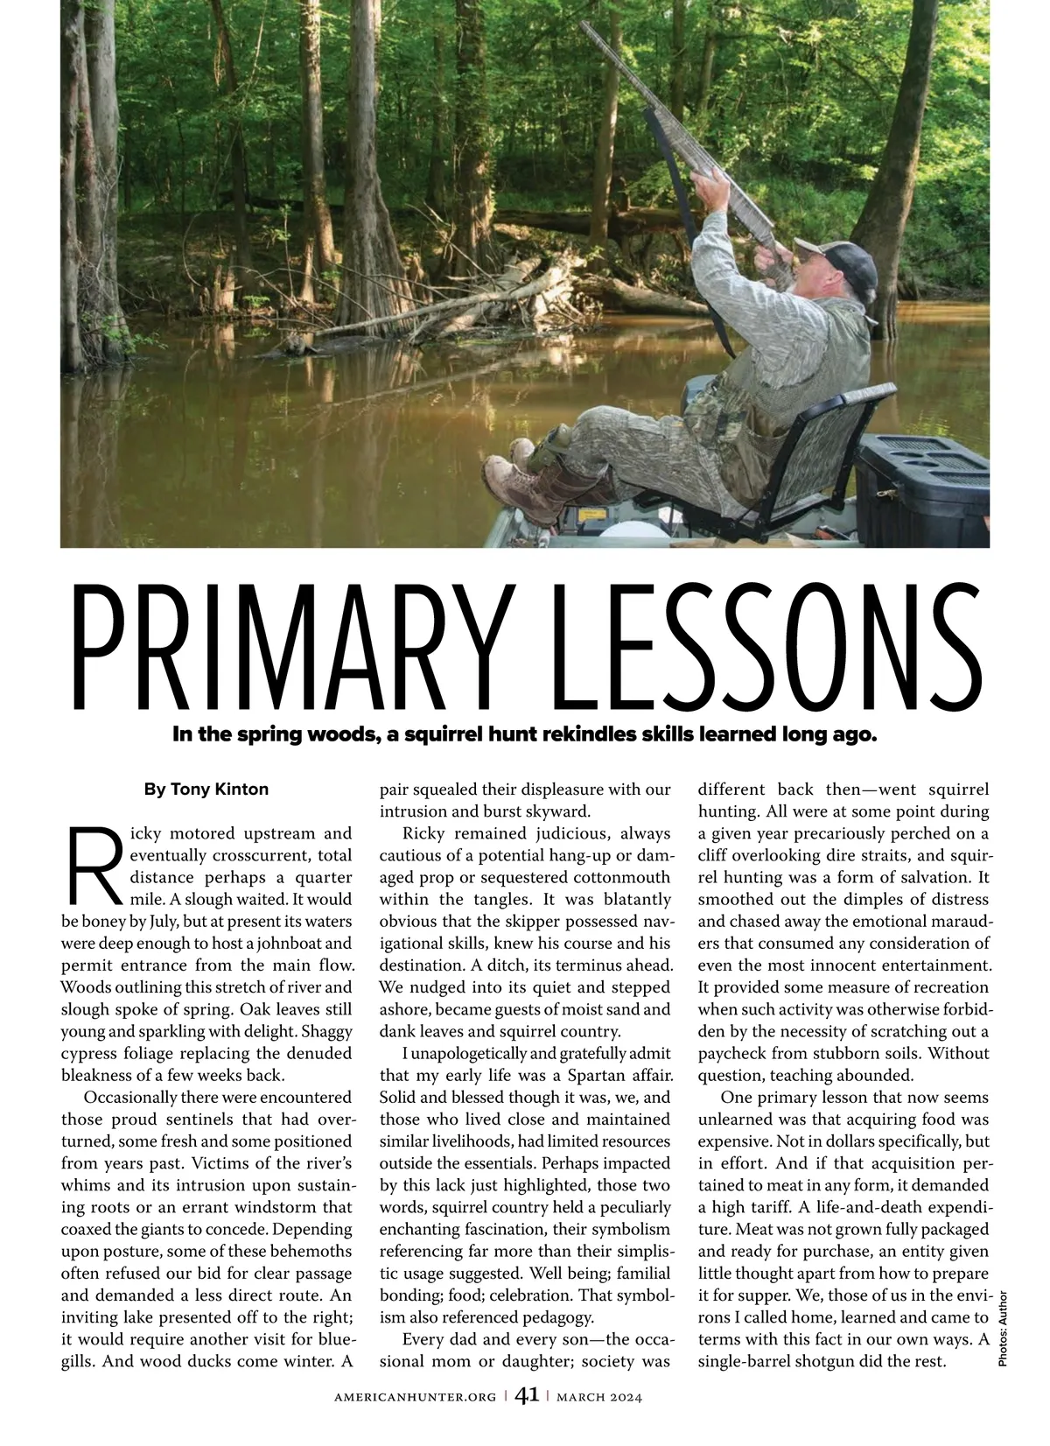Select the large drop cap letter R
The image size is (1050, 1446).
point(94,866)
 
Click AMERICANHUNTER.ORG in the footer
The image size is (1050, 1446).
point(416,1397)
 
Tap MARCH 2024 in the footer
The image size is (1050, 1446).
point(600,1397)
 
